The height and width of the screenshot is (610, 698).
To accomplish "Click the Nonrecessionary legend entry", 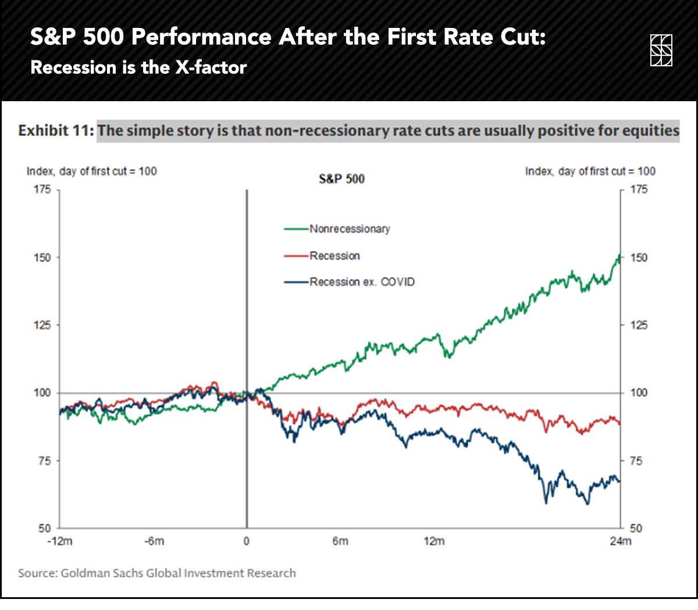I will click(349, 229).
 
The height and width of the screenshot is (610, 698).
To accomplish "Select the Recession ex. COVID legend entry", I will click(361, 282).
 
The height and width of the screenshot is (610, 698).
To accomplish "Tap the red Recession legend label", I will click(334, 256).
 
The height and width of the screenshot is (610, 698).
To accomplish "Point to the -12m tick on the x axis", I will click(60, 541).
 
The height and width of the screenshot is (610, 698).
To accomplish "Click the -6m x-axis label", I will click(154, 541).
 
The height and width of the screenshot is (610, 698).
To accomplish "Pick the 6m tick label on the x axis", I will click(340, 541).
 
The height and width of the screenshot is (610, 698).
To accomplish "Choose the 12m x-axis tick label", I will click(434, 541).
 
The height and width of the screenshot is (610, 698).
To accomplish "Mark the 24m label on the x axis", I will click(621, 541).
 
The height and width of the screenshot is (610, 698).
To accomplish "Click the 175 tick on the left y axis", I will click(42, 190).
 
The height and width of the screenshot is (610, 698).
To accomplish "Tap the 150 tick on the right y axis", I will click(639, 258).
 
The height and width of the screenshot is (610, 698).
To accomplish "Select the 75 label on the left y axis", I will click(45, 461).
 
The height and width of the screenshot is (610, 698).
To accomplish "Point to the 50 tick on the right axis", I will click(636, 529).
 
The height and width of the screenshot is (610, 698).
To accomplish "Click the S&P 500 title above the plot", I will click(341, 179).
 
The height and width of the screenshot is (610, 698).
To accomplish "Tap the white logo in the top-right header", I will click(661, 50).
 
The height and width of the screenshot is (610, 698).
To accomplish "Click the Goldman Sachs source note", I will click(156, 573).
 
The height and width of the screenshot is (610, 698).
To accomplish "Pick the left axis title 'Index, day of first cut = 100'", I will click(91, 172).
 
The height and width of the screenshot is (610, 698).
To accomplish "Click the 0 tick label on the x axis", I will click(247, 541).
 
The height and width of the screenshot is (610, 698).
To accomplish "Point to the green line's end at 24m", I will click(619, 256).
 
